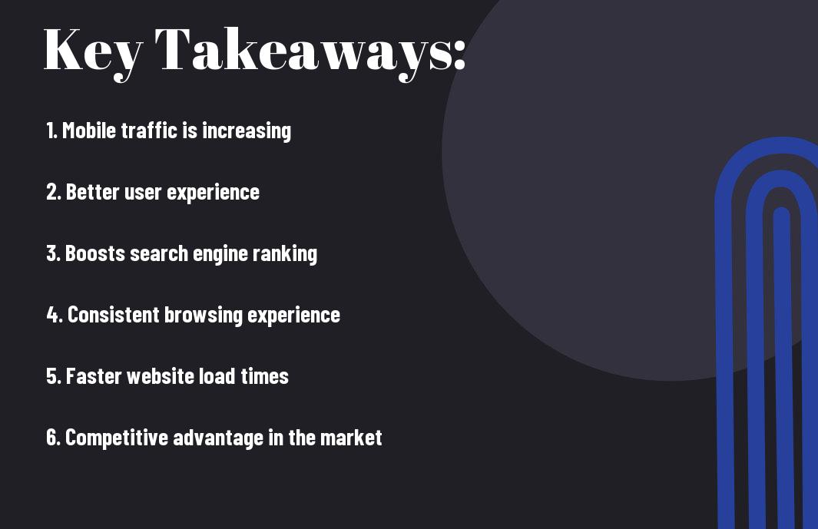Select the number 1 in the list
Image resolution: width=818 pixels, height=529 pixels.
[51, 131]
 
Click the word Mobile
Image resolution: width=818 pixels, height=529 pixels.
[89, 131]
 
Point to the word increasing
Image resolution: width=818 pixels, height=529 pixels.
[247, 131]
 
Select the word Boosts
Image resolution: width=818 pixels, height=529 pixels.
[95, 253]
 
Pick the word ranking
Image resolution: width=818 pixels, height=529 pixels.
[285, 255]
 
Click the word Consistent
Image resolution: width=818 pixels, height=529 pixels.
[113, 315]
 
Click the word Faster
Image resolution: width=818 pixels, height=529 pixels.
[94, 376]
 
